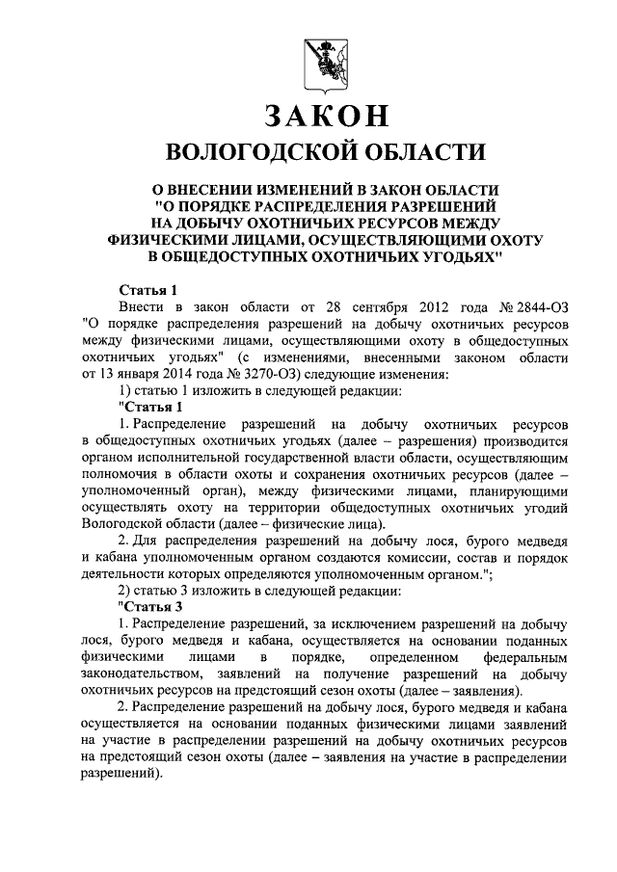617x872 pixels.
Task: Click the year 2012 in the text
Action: [x=407, y=305]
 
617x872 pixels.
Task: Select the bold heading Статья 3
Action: [x=149, y=606]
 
